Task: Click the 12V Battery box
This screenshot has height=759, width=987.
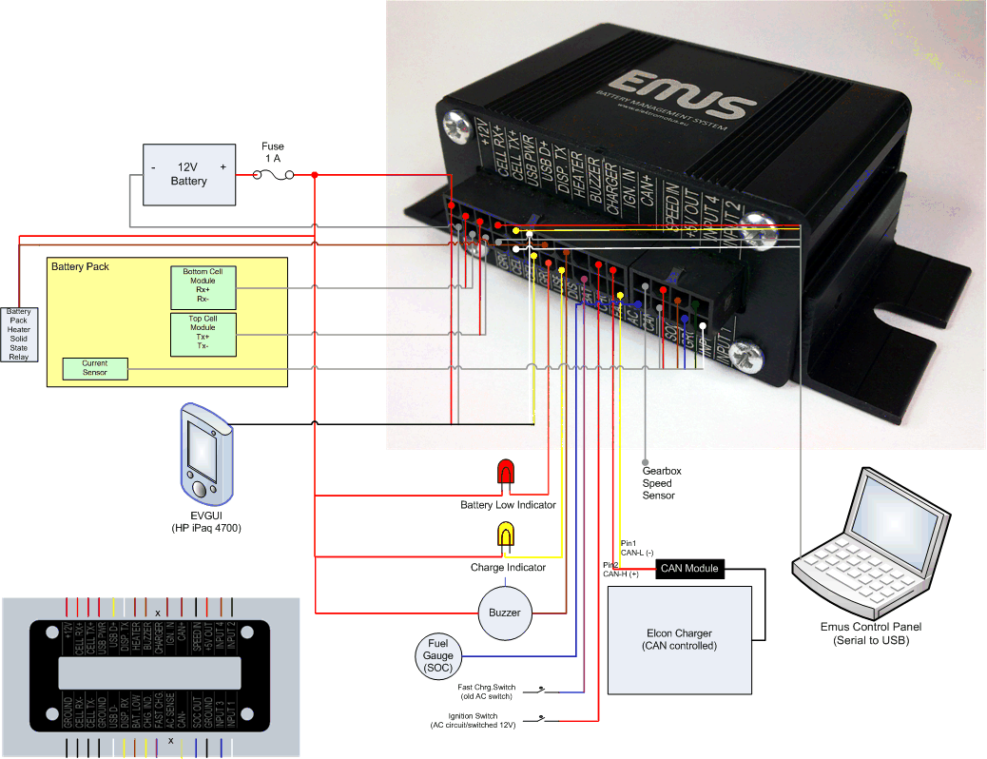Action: pos(188,174)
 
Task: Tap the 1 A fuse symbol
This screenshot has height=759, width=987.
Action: pos(272,175)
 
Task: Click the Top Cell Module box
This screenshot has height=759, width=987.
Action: pos(203,334)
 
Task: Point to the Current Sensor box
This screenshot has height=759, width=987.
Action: pos(94,368)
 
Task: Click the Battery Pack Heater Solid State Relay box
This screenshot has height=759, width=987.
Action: pos(18,333)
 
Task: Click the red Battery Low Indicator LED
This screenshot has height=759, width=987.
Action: pos(506,474)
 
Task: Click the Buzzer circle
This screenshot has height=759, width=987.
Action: pos(505,612)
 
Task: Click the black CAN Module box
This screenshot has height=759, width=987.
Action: pos(689,569)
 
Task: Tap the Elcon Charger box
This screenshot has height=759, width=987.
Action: pos(679,639)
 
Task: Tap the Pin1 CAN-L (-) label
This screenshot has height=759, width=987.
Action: pos(637,547)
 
